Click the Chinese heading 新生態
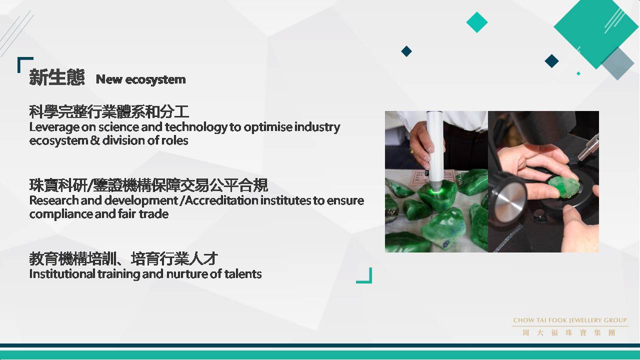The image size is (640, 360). click(x=57, y=77)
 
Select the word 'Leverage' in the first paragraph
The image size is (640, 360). click(x=54, y=127)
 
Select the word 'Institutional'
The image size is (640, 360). click(x=62, y=274)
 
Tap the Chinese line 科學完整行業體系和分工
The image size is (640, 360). click(x=109, y=111)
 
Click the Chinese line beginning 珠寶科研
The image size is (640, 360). click(x=148, y=185)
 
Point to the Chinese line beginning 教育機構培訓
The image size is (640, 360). click(x=123, y=259)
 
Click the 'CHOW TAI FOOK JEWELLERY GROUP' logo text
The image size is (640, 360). click(x=570, y=320)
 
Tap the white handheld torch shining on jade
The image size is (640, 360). click(x=435, y=151)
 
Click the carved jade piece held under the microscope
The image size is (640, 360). click(x=563, y=187)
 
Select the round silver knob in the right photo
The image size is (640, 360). click(x=510, y=201)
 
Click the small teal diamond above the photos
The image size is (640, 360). click(x=477, y=22)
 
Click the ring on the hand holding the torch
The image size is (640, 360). click(x=411, y=150)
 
